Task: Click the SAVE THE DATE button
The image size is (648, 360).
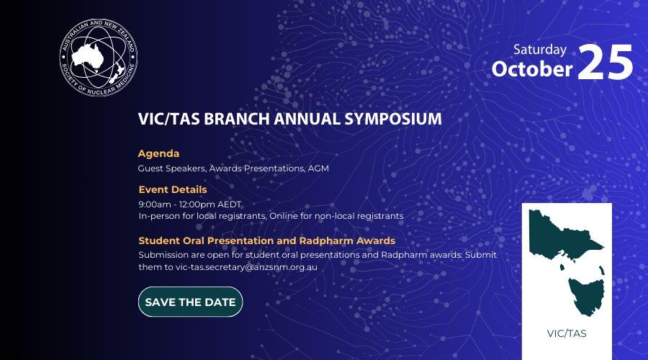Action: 191,302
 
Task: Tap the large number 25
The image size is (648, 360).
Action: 605,62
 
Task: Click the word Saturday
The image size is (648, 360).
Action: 540,50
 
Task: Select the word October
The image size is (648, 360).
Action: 532,68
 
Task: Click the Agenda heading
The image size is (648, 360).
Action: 158,153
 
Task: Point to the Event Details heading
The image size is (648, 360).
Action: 173,189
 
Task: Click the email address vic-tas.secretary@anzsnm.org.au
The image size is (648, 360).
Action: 246,267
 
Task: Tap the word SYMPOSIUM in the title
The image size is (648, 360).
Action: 393,119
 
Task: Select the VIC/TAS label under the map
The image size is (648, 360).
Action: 567,333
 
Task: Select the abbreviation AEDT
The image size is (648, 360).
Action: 229,204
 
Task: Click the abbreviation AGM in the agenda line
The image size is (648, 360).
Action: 318,168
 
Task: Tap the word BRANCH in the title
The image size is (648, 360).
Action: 236,119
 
